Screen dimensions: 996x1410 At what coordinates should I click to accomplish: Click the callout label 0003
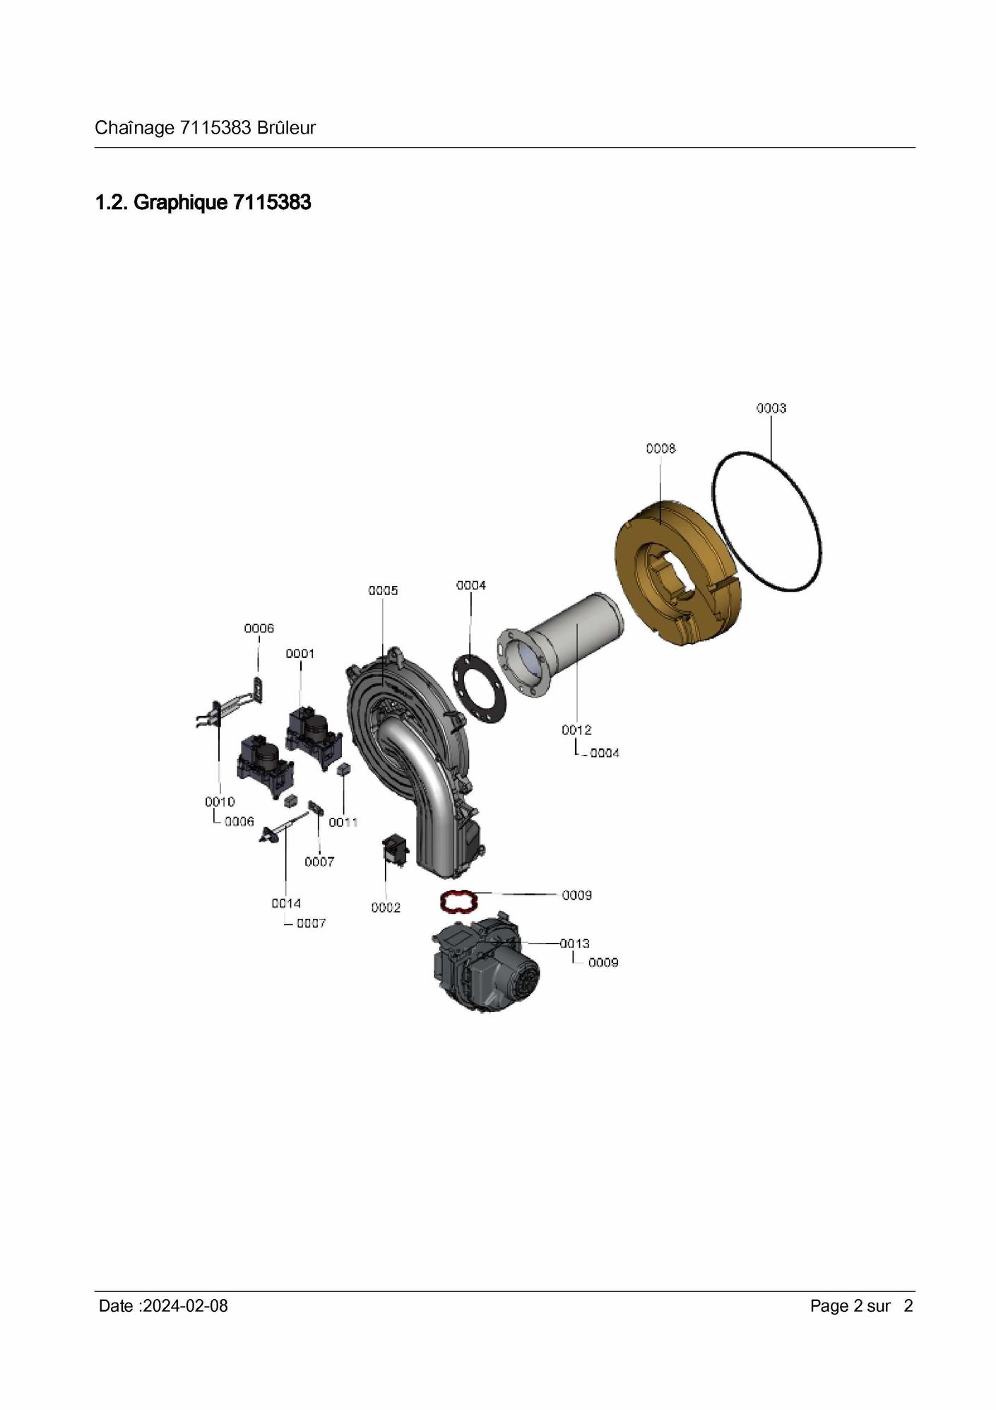[x=771, y=409]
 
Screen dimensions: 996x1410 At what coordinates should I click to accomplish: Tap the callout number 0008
[x=660, y=449]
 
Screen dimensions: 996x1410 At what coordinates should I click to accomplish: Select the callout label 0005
[x=383, y=591]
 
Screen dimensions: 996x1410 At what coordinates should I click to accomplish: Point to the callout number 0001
[x=300, y=654]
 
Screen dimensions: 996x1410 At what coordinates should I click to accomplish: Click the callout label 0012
[x=576, y=730]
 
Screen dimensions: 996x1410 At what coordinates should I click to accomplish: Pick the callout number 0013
[x=575, y=944]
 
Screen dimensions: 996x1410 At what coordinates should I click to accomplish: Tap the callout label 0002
[x=386, y=908]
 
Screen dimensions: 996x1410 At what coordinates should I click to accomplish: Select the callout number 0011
[x=343, y=823]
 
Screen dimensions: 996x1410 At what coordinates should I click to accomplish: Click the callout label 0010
[x=220, y=802]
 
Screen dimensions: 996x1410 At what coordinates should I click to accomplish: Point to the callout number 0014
[x=286, y=904]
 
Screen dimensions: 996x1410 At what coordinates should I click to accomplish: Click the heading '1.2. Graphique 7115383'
[x=203, y=203]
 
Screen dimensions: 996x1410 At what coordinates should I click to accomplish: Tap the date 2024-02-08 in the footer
[x=185, y=1306]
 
